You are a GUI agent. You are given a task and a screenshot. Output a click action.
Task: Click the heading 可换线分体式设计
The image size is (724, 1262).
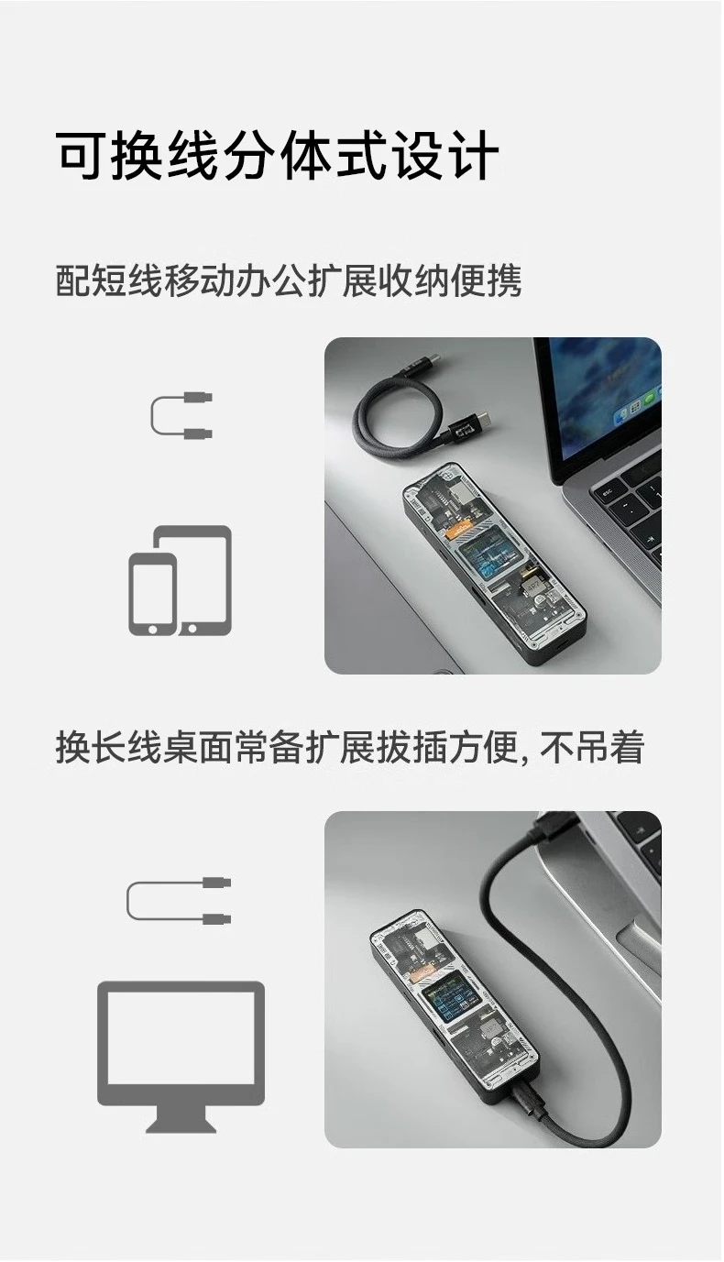pyautogui.click(x=277, y=156)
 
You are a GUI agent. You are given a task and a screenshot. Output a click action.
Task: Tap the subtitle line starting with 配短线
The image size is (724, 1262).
pyautogui.click(x=289, y=280)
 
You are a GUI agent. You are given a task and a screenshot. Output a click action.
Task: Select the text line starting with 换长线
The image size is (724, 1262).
pyautogui.click(x=350, y=747)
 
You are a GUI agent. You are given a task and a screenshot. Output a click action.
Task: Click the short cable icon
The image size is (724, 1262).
pyautogui.click(x=181, y=416)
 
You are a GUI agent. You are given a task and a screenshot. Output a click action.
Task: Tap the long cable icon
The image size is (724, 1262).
pyautogui.click(x=179, y=900)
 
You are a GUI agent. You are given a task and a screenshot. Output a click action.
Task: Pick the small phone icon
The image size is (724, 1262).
pyautogui.click(x=153, y=595)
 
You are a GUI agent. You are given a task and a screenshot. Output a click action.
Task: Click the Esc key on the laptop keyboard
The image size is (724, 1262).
pyautogui.click(x=608, y=493)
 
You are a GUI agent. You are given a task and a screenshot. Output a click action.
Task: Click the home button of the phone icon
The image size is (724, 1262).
pyautogui.click(x=152, y=628)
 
